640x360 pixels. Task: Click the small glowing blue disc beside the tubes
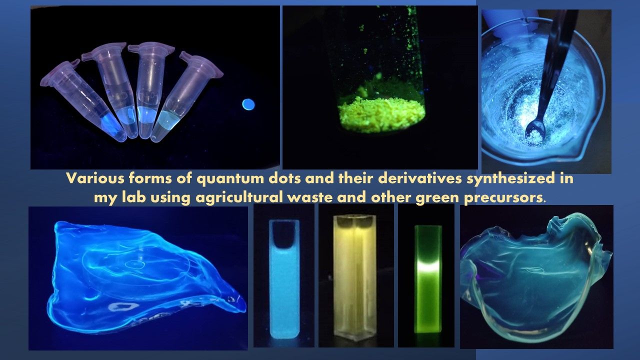[x=248, y=104]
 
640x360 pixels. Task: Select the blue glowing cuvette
[x=284, y=279]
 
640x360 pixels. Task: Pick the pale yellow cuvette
[x=354, y=277]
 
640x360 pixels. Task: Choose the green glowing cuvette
[x=428, y=279]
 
